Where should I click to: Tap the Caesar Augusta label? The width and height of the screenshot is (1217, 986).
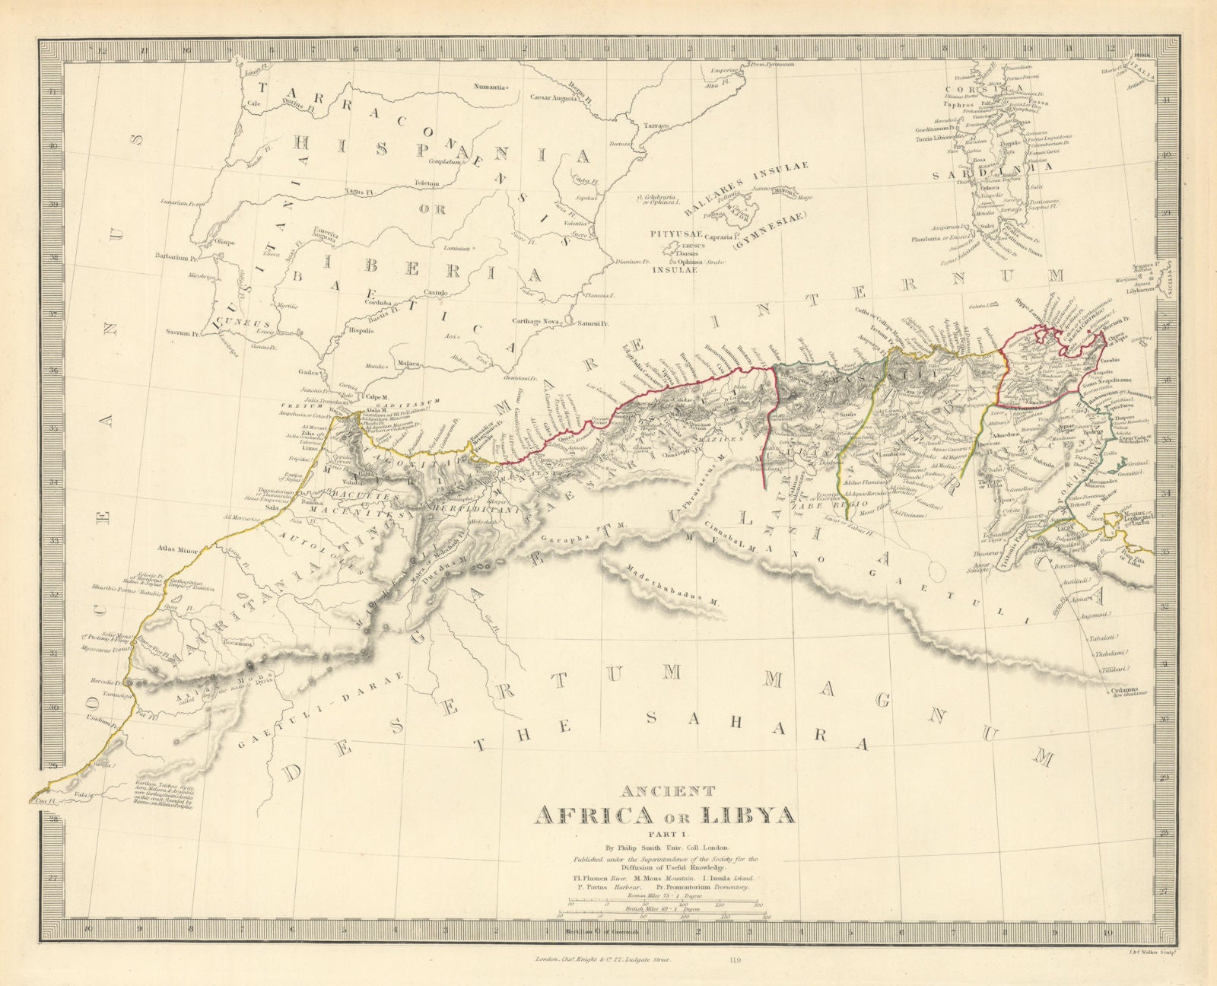click(x=557, y=98)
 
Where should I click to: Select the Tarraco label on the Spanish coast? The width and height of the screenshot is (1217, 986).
click(x=656, y=124)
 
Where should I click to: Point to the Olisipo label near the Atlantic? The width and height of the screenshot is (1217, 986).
click(x=229, y=238)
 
